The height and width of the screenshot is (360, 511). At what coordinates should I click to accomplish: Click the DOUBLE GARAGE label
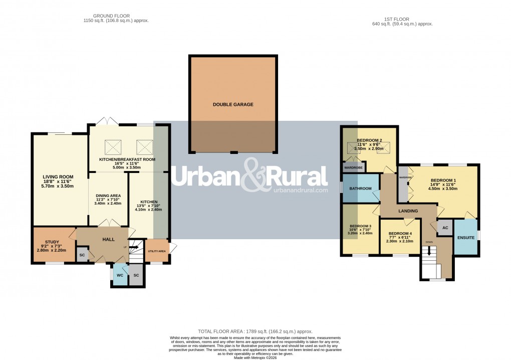233,105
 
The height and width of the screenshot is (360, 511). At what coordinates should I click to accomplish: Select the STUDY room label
52,242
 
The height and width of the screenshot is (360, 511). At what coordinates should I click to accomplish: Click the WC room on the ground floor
120,275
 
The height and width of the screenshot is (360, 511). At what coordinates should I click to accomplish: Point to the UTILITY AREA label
157,250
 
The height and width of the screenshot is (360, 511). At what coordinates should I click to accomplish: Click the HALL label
109,240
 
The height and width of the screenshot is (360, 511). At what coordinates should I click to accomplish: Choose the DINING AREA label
108,196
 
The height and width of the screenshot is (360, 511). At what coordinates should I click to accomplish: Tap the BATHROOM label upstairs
361,189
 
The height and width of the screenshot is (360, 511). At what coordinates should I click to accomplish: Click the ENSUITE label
466,238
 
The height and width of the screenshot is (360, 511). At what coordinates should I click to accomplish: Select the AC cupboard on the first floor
445,227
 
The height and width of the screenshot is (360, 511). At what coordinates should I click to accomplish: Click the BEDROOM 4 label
400,234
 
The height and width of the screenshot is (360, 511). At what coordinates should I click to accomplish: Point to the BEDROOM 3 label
361,226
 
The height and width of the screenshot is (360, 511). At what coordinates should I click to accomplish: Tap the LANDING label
408,211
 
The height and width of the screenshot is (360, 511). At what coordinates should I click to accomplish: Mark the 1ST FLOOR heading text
394,19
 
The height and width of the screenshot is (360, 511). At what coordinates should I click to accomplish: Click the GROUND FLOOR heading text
116,16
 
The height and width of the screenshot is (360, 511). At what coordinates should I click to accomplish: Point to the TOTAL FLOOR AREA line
255,331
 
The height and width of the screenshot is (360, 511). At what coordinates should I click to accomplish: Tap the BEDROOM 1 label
443,181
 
